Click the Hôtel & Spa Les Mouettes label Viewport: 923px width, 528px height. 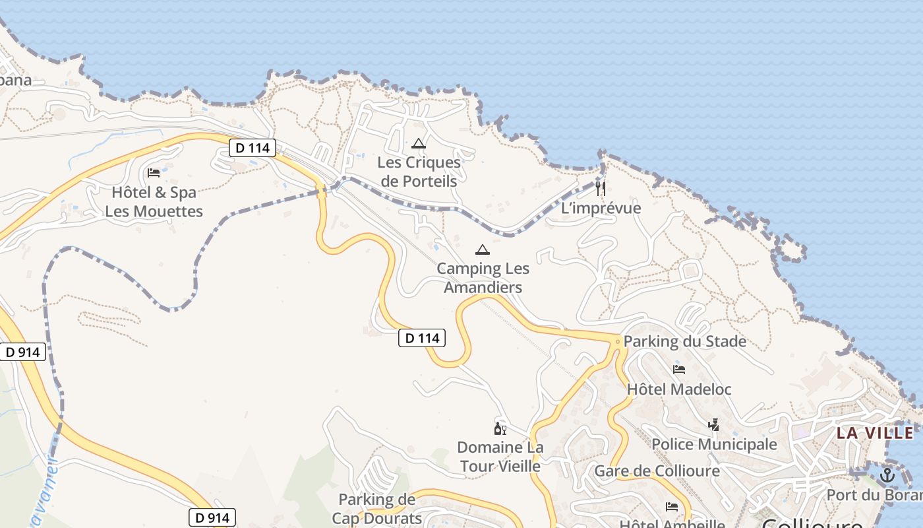tap(154, 202)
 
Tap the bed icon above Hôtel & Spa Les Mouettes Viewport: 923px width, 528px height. tap(154, 173)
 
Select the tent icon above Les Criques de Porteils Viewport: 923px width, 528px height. tap(418, 143)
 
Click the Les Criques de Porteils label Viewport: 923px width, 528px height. tap(419, 172)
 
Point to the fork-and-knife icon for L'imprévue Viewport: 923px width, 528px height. tap(600, 189)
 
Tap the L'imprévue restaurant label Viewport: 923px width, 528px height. tap(601, 209)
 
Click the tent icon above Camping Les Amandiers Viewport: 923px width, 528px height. tap(483, 249)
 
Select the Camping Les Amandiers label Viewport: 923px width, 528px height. tap(483, 278)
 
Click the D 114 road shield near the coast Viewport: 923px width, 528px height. tap(253, 148)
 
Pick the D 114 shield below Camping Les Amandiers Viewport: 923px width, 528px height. tap(422, 339)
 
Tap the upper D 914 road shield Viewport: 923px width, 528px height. tap(23, 352)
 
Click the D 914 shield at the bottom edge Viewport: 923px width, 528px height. tap(212, 518)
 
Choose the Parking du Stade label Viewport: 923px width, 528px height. tap(684, 341)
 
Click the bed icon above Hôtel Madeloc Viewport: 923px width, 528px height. tap(679, 370)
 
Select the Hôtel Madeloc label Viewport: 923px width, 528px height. tap(679, 389)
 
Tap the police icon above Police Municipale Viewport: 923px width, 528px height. tap(713, 425)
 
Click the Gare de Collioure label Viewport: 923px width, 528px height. tap(657, 471)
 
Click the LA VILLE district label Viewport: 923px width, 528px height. tap(875, 434)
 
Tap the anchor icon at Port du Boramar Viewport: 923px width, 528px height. tap(887, 475)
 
